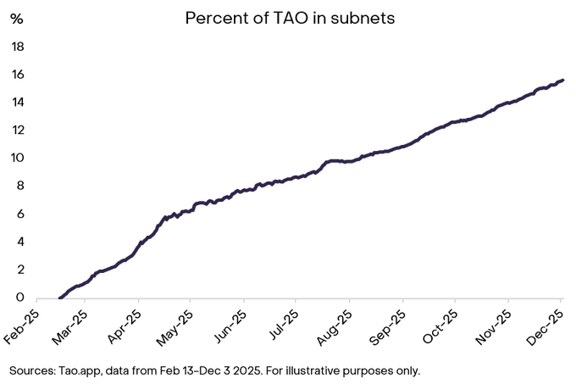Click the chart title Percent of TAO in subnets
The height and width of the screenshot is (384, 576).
pyautogui.click(x=290, y=18)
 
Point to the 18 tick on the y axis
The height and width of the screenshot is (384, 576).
pyautogui.click(x=16, y=47)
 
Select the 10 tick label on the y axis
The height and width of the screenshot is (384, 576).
pyautogui.click(x=16, y=159)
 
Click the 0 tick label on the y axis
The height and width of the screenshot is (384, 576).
pyautogui.click(x=19, y=298)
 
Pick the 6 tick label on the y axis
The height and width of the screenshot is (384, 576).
pyautogui.click(x=19, y=214)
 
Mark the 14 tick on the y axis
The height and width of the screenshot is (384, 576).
pyautogui.click(x=16, y=103)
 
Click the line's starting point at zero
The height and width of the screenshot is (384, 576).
pyautogui.click(x=59, y=298)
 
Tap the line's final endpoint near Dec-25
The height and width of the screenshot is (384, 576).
pyautogui.click(x=563, y=81)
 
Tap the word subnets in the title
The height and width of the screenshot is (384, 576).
pyautogui.click(x=364, y=18)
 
